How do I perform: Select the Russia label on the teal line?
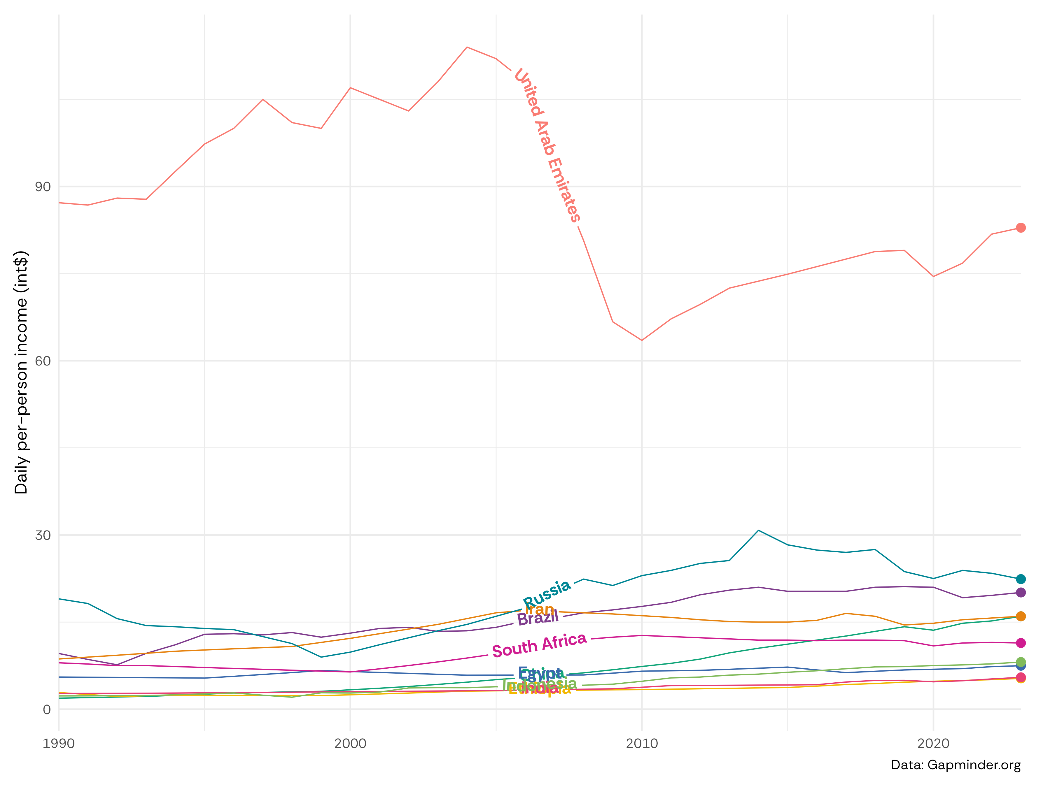[547, 593]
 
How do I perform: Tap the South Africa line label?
[539, 645]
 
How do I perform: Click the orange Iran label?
[540, 609]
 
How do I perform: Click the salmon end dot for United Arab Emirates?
[1021, 228]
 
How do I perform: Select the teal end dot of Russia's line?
[1021, 579]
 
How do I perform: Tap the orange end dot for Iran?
[1021, 616]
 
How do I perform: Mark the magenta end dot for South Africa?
[1021, 643]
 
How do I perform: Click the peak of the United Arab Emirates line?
[467, 47]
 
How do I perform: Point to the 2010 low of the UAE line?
[642, 340]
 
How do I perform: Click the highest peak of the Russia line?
[759, 530]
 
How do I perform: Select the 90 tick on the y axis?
[43, 187]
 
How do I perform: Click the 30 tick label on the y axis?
[43, 535]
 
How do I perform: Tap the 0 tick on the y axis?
[46, 710]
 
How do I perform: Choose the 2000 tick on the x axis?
[350, 743]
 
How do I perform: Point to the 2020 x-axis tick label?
[933, 743]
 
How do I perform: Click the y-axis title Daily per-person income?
[21, 373]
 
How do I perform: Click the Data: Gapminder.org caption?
[956, 765]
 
